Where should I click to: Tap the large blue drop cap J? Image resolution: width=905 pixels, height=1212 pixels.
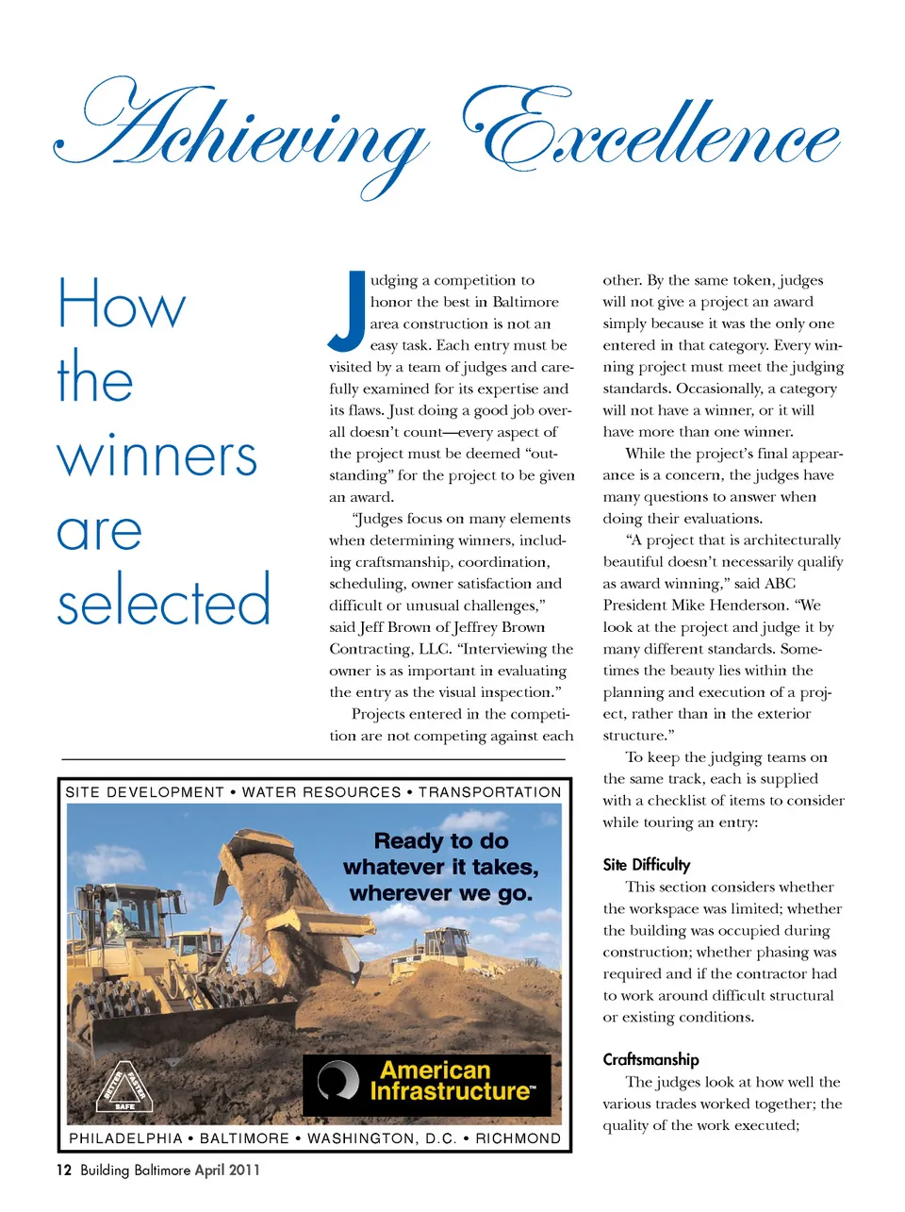tap(348, 309)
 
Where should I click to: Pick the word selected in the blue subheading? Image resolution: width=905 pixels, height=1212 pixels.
tap(163, 601)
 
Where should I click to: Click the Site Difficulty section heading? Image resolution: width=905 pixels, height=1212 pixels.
tap(647, 865)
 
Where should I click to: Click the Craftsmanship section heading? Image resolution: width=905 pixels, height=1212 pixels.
tap(650, 1059)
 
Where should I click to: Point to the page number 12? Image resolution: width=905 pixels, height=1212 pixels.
tap(63, 1170)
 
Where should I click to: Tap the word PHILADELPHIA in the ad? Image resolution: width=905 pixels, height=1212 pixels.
tap(125, 1138)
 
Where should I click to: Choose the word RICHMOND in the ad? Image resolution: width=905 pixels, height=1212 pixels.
tap(518, 1138)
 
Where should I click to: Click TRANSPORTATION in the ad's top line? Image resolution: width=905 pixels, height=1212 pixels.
tap(489, 792)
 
